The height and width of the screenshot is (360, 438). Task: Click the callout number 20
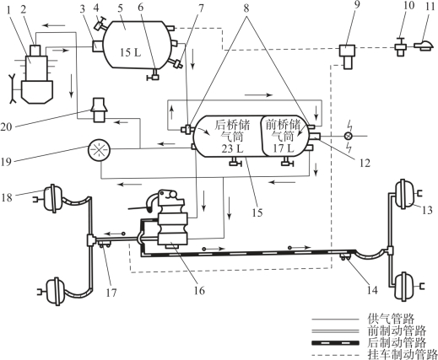click(6, 127)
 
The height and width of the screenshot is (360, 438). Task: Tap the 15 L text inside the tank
click(130, 52)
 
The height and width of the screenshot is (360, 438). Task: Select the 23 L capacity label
click(232, 149)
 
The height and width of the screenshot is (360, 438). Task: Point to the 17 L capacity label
click(284, 148)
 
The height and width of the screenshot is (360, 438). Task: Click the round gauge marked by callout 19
click(99, 150)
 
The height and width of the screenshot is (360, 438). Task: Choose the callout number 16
click(199, 291)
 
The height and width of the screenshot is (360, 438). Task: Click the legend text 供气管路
click(391, 319)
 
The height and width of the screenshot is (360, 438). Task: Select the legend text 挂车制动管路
click(403, 354)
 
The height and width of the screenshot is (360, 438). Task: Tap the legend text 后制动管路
click(397, 342)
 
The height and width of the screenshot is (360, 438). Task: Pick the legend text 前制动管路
click(397, 330)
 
